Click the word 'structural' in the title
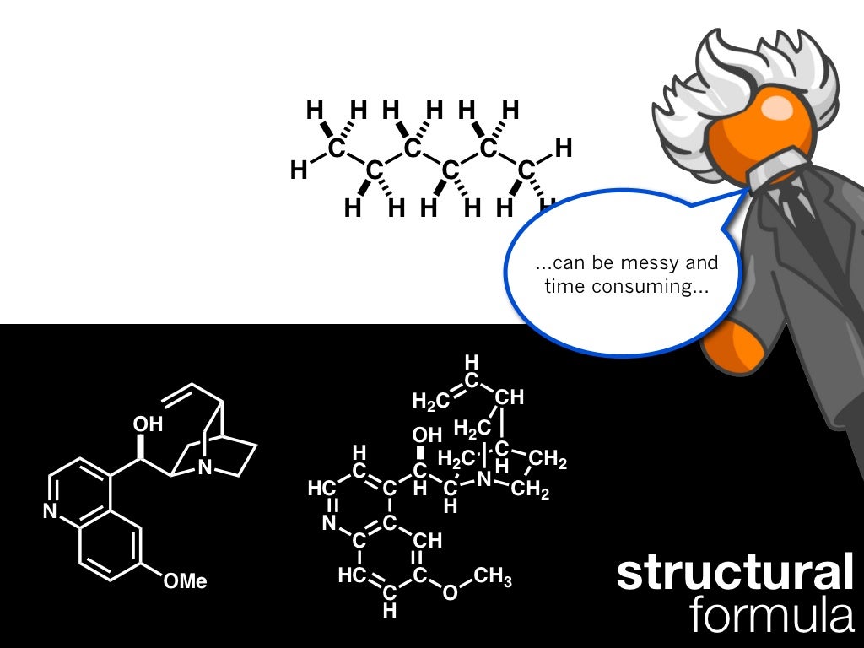click(734, 573)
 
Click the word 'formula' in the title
click(771, 613)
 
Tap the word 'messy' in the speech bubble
click(632, 263)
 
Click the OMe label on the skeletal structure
click(185, 580)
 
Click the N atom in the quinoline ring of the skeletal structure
click(50, 511)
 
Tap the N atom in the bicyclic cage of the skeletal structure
click(205, 467)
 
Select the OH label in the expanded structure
click(427, 435)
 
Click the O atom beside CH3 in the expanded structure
click(450, 592)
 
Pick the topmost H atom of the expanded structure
click(472, 363)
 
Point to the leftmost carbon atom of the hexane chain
click(337, 149)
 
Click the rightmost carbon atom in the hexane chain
click(526, 171)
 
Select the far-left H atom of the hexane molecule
click(299, 171)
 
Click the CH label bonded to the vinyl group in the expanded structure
click(510, 397)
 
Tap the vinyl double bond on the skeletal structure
click(177, 395)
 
